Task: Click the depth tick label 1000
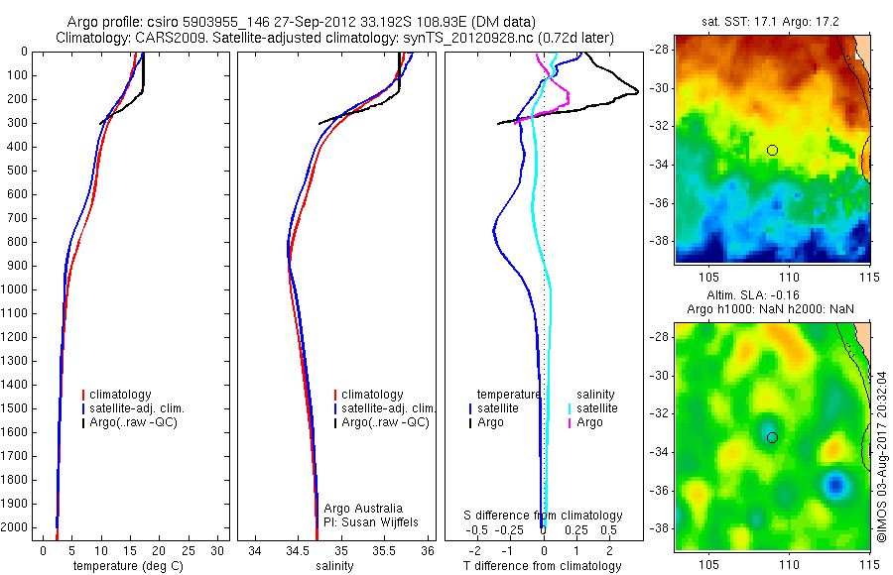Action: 18,289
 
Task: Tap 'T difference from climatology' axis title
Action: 542,566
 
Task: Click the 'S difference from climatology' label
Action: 544,516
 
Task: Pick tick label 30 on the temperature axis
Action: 218,549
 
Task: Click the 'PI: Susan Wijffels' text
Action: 372,521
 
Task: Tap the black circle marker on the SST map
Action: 772,150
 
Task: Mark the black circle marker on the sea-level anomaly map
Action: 772,437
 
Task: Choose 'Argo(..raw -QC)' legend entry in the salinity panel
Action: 385,422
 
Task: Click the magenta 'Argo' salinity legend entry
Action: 589,422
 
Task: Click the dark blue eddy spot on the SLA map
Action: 835,485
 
